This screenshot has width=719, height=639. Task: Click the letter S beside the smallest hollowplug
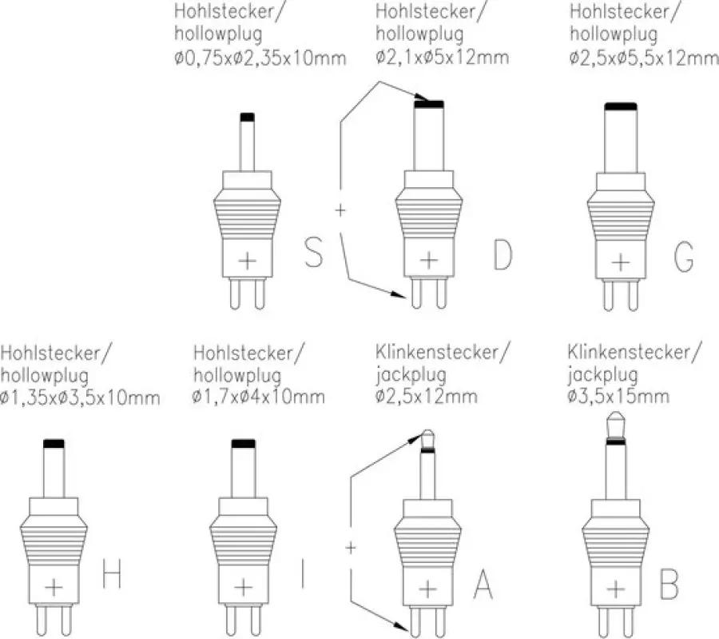pyautogui.click(x=314, y=252)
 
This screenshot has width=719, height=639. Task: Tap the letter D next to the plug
pyautogui.click(x=503, y=254)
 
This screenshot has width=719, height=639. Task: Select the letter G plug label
pyautogui.click(x=684, y=257)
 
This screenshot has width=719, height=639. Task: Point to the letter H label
pyautogui.click(x=111, y=573)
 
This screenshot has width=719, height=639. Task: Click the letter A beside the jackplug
pyautogui.click(x=483, y=584)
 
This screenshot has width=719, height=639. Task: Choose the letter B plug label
pyautogui.click(x=669, y=584)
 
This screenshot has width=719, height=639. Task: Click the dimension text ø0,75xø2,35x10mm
pyautogui.click(x=260, y=58)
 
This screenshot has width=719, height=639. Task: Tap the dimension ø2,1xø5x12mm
pyautogui.click(x=442, y=58)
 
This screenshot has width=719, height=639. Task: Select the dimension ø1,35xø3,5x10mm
pyautogui.click(x=80, y=397)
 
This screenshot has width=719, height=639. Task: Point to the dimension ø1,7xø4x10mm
pyautogui.click(x=259, y=397)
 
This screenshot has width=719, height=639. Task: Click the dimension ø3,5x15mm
pyautogui.click(x=618, y=396)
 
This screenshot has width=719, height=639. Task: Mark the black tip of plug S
pyautogui.click(x=247, y=117)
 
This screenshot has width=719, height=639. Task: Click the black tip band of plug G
pyautogui.click(x=621, y=106)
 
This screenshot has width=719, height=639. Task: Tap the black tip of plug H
pyautogui.click(x=54, y=443)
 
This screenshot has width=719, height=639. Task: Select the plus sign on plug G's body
pyautogui.click(x=621, y=262)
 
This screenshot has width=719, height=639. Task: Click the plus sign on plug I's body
pyautogui.click(x=244, y=587)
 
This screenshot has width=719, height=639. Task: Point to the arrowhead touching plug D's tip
pyautogui.click(x=421, y=97)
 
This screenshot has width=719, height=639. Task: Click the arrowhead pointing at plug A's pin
pyautogui.click(x=400, y=625)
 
